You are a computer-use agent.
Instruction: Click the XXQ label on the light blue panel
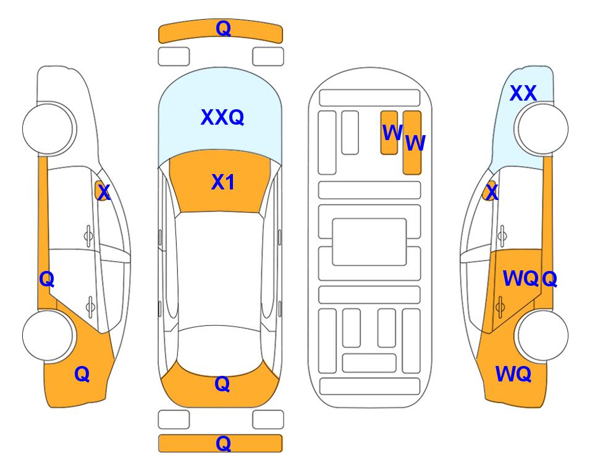pos(222,117)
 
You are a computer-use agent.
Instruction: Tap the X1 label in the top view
pos(223,182)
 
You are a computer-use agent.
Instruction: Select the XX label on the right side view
pos(523,93)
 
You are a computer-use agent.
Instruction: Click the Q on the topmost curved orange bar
pos(223,28)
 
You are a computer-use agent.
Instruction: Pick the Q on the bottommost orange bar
pos(223,443)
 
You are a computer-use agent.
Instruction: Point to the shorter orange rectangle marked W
pos(389,133)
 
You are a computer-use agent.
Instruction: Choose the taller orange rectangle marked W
pos(412,143)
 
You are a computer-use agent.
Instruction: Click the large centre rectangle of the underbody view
pos(369,242)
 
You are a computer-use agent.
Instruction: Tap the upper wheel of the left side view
pos(48,128)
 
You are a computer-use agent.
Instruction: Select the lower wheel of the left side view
pos(48,335)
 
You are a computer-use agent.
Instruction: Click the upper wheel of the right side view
pos(542,128)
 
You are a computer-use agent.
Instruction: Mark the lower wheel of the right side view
pos(542,335)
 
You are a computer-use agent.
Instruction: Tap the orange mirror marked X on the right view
pos(490,191)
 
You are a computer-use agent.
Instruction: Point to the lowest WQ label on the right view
pos(513,374)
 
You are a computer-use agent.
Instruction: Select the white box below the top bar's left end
pos(174,57)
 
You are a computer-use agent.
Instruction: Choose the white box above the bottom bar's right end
pos(268,420)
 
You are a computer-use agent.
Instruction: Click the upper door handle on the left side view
pos(88,236)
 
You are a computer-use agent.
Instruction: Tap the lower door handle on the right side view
pos(500,307)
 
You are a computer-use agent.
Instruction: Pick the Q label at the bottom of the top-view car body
pos(222,384)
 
